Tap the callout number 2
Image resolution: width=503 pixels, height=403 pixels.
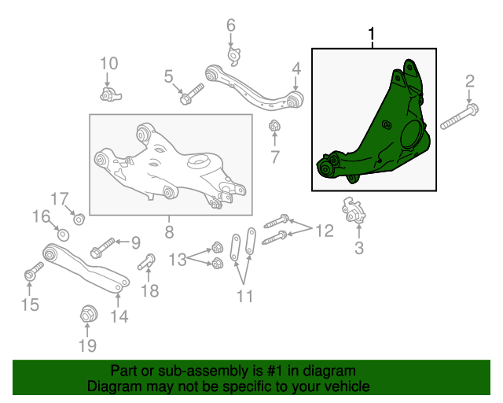[470, 81]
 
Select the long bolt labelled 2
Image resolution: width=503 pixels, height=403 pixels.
[459, 116]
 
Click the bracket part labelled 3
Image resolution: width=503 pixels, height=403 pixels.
[353, 210]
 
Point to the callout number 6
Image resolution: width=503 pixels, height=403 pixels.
[231, 25]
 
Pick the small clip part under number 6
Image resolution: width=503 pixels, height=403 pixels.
[233, 57]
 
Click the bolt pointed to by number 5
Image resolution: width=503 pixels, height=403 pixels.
[192, 94]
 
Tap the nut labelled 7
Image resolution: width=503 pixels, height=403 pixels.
[274, 125]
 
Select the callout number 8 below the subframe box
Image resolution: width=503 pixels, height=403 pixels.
[169, 231]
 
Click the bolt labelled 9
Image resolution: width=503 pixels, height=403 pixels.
[103, 249]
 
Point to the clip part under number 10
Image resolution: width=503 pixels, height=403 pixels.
[111, 94]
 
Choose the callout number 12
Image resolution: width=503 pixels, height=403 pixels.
[325, 231]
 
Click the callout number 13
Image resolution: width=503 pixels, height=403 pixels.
[178, 259]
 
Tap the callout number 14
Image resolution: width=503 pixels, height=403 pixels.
[119, 316]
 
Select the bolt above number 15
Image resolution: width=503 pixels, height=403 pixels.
[34, 272]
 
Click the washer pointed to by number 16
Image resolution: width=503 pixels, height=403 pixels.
[63, 235]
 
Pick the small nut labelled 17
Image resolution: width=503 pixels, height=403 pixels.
[79, 220]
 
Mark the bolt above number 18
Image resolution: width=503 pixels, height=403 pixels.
[147, 261]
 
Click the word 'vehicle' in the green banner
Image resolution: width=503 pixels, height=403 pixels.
[348, 386]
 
